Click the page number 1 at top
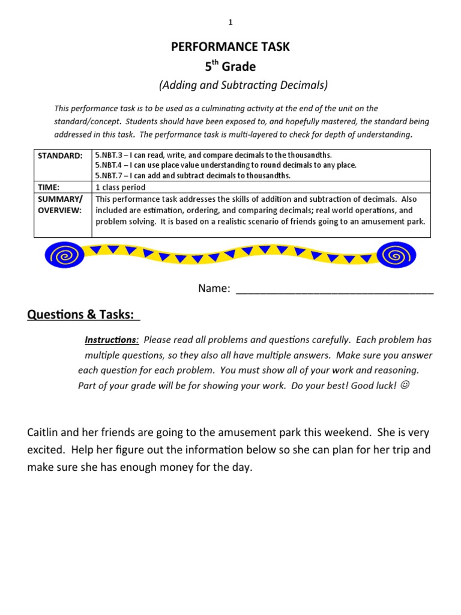[x=230, y=23]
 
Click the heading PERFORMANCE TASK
[x=230, y=47]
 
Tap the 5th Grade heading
[x=230, y=66]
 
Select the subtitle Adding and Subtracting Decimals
[x=243, y=85]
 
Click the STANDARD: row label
[x=60, y=156]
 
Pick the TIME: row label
[x=49, y=187]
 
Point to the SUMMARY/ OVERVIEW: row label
[x=60, y=204]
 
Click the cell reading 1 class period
[x=121, y=187]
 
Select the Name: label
[x=214, y=289]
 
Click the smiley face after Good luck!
[x=405, y=385]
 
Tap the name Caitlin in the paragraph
[x=44, y=433]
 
